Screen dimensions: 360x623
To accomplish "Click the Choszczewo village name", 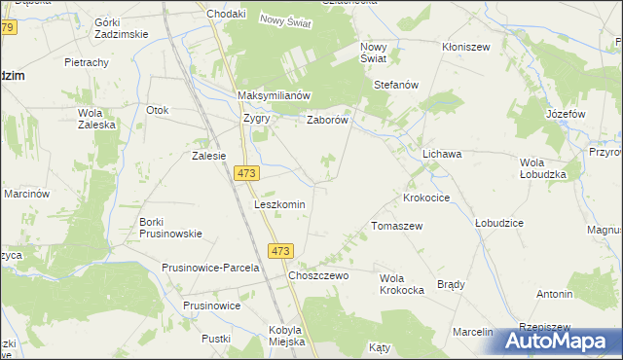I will pos(318,275).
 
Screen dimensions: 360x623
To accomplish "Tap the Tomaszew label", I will pos(396,225).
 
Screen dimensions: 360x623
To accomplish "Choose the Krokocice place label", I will pos(426,197).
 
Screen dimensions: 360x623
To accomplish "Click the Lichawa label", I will pos(441,154).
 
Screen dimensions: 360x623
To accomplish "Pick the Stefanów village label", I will pos(396,85).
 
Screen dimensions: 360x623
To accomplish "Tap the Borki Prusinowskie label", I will pos(170,227).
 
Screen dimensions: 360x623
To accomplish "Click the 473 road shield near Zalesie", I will pos(246,172).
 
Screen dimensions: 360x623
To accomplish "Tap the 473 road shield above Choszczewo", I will pos(280,251).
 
